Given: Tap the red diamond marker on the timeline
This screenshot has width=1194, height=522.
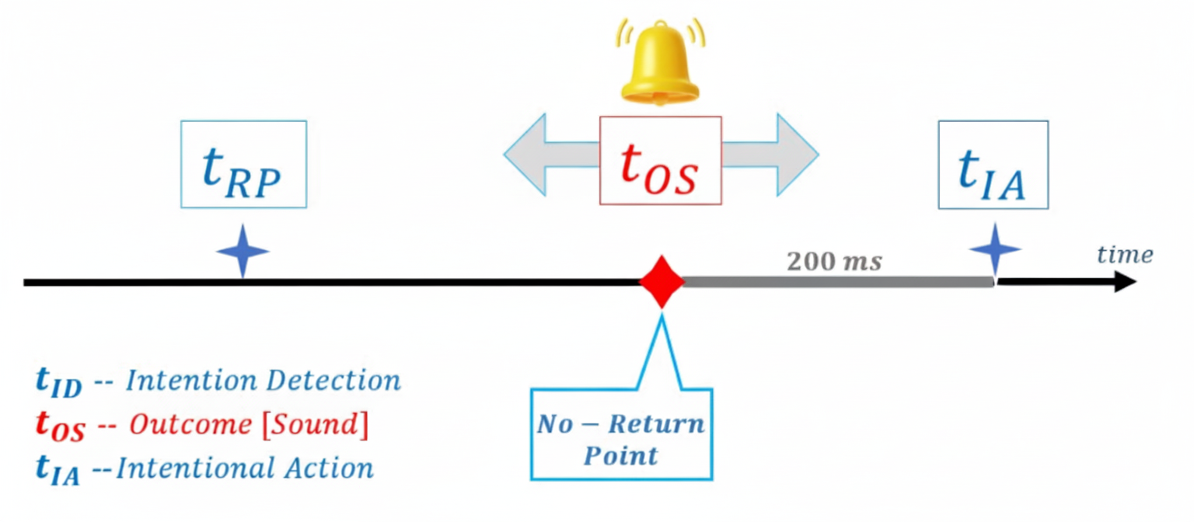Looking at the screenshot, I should pyautogui.click(x=662, y=281).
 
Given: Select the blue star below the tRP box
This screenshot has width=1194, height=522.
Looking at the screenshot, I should pyautogui.click(x=243, y=251).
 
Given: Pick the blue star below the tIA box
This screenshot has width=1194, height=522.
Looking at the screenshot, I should pyautogui.click(x=994, y=249).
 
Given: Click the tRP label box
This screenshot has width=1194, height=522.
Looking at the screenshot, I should pyautogui.click(x=243, y=164).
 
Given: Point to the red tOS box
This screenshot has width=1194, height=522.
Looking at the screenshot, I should pyautogui.click(x=661, y=161).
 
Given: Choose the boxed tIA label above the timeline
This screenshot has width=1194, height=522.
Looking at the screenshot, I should pyautogui.click(x=993, y=164).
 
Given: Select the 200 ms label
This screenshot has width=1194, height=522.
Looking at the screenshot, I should pyautogui.click(x=834, y=262).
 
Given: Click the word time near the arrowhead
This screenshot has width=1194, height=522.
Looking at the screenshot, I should pyautogui.click(x=1124, y=254).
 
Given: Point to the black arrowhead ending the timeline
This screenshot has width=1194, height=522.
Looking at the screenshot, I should pyautogui.click(x=1126, y=282).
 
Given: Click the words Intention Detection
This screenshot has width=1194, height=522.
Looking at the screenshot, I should pyautogui.click(x=263, y=381).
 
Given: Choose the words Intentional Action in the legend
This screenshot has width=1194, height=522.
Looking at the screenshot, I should pyautogui.click(x=244, y=468).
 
